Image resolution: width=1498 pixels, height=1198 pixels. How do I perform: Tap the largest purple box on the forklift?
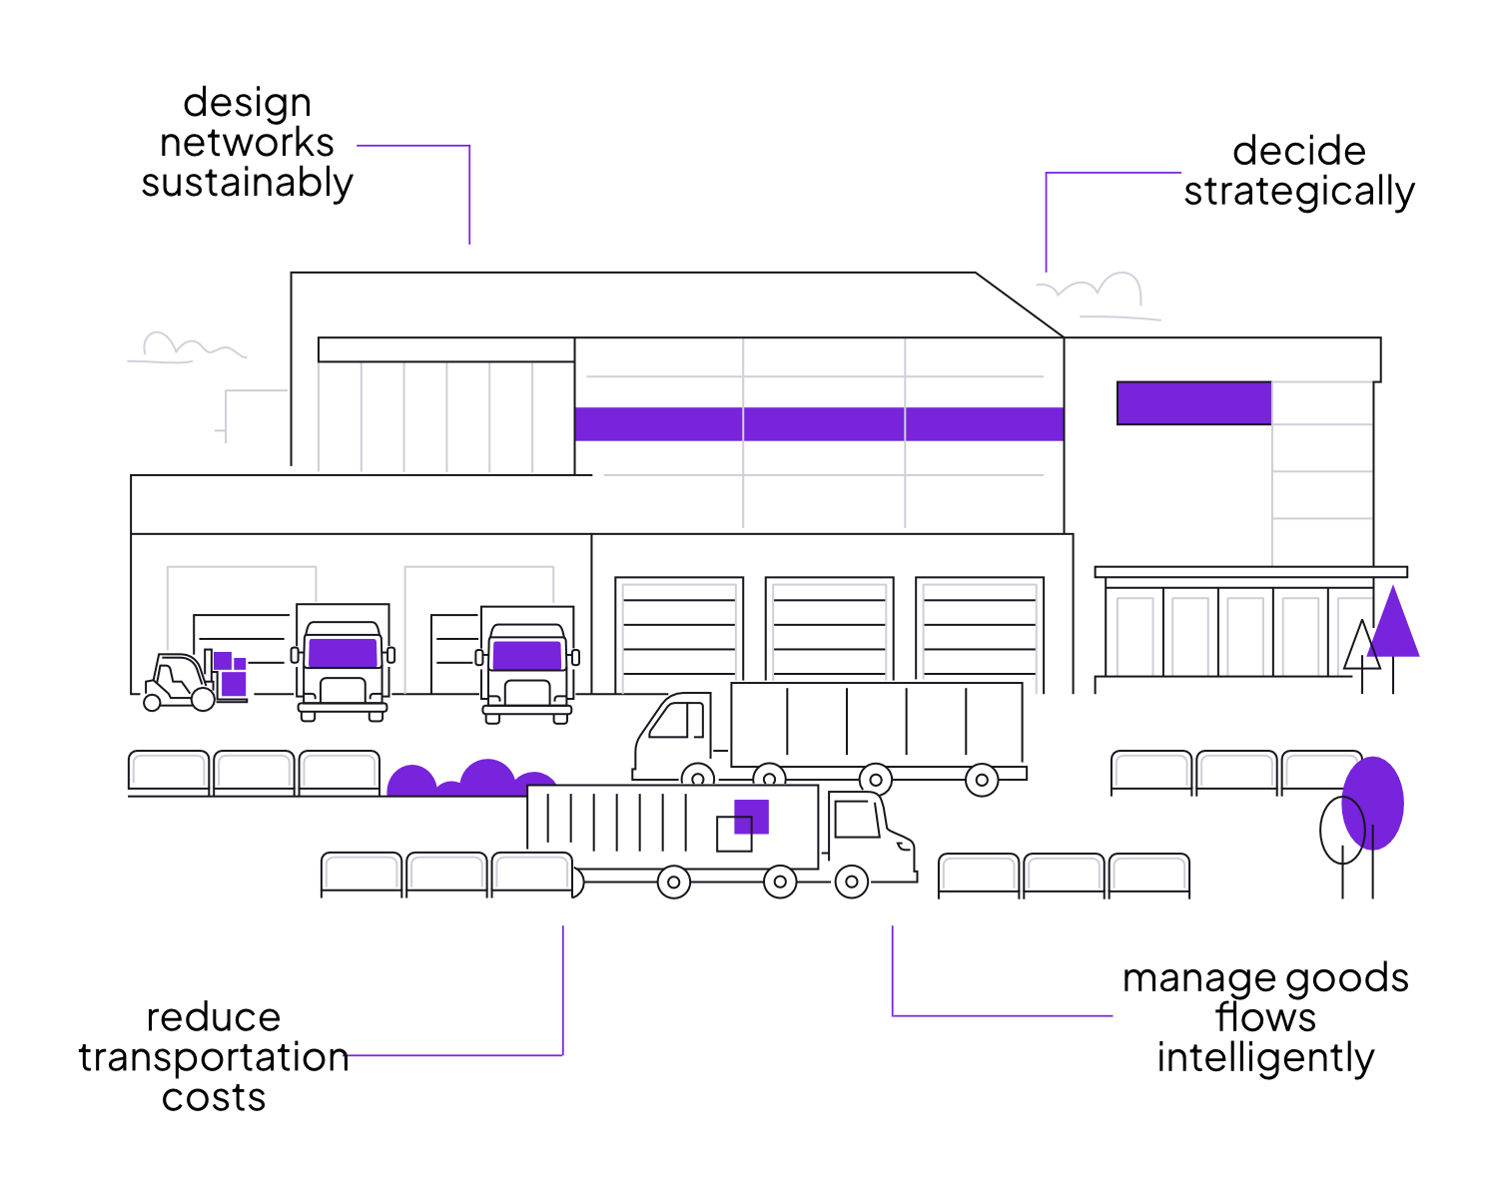point(235,684)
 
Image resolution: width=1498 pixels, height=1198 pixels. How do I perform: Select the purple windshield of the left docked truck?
point(343,653)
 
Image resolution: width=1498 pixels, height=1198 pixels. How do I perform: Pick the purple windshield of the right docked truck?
point(527,656)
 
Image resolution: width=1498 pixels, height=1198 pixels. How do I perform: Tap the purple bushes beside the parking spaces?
point(469,779)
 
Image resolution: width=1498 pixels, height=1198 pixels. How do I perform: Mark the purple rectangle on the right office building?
point(1193,403)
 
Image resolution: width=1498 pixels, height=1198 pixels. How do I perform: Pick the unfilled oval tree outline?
point(1341,830)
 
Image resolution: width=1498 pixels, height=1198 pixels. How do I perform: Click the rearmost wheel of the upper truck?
point(982,780)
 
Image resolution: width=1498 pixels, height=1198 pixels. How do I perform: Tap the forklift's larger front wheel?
point(203,699)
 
